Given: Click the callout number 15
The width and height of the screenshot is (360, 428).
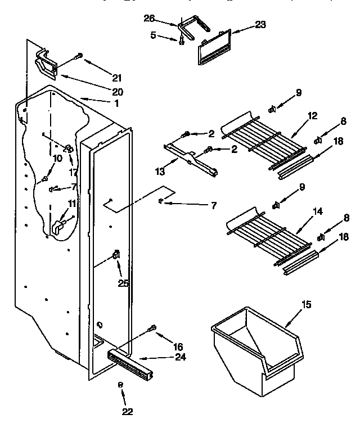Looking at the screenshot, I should [x=306, y=305].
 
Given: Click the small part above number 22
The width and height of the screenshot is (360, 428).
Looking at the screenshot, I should [x=120, y=384].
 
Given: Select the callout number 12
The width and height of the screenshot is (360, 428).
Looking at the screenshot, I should [x=313, y=116].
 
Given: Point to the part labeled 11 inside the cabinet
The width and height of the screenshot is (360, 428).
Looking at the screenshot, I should [x=58, y=227].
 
